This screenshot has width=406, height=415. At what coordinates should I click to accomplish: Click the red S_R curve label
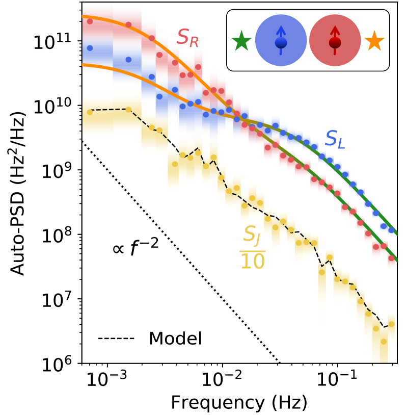tap(187, 37)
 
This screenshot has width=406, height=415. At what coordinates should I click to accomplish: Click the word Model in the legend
tap(175, 338)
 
